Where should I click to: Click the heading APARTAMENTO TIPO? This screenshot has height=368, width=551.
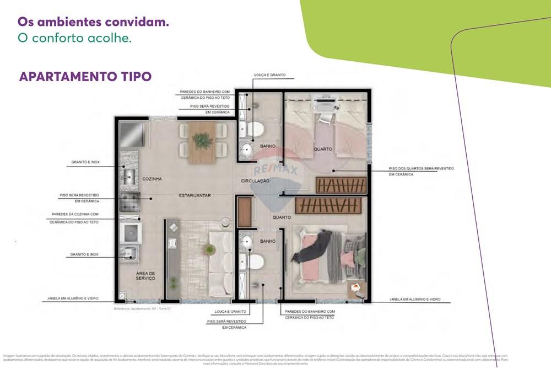tap(85, 77)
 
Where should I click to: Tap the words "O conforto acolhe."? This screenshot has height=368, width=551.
tap(74, 39)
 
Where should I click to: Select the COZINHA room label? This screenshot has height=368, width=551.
tap(152, 179)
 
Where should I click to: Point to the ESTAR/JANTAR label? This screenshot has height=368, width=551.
tap(195, 195)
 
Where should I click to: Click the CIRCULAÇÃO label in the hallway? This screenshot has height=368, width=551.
tap(255, 181)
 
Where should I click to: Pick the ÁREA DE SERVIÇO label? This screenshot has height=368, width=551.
tap(146, 276)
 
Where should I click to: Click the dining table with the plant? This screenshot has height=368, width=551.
tap(202, 142)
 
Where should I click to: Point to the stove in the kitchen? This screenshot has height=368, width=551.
tap(130, 201)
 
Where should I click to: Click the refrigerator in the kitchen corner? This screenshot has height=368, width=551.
tap(132, 134)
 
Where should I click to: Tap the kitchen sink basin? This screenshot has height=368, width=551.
tap(130, 176)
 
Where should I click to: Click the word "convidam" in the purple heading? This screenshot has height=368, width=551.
tap(138, 23)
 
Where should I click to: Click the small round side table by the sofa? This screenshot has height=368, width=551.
tap(225, 222)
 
